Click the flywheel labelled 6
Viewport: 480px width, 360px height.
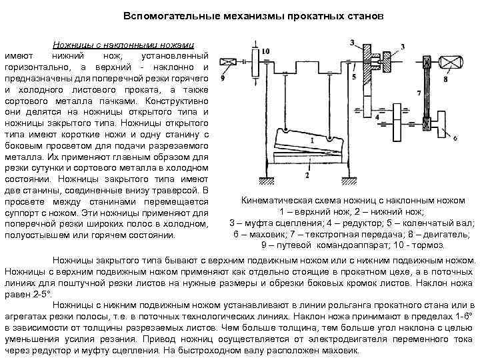pos(443,125)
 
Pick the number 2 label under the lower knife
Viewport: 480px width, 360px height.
pos(307,175)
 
